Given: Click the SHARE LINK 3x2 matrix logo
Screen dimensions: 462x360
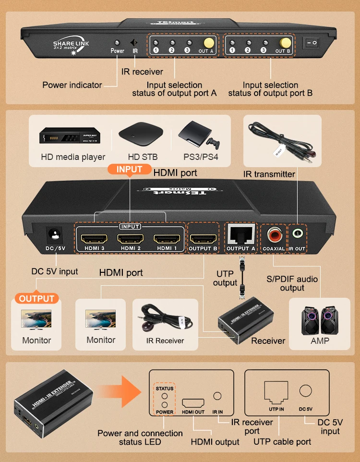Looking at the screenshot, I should pyautogui.click(x=71, y=46).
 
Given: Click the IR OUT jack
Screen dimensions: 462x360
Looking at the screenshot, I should pyautogui.click(x=297, y=234).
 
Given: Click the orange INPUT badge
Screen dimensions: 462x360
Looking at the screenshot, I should pyautogui.click(x=129, y=170).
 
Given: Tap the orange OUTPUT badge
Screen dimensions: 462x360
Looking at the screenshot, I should pyautogui.click(x=36, y=299).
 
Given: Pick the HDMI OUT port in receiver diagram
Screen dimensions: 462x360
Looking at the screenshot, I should pyautogui.click(x=193, y=402).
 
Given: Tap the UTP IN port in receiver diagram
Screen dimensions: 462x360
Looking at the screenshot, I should pyautogui.click(x=276, y=395).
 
